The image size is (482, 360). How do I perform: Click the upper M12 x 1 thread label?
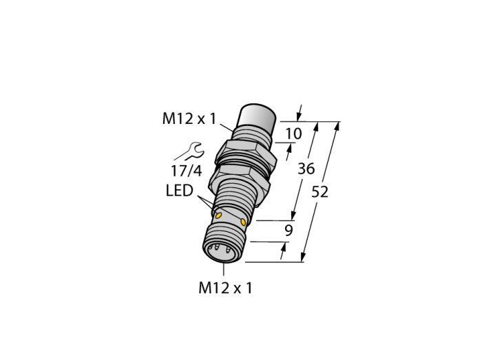[189, 118]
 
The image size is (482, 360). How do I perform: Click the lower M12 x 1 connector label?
[225, 288]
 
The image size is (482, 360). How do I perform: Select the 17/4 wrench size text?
[187, 171]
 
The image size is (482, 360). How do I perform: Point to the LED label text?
[180, 191]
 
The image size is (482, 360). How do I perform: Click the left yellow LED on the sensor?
[218, 215]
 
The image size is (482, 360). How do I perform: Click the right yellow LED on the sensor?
[244, 222]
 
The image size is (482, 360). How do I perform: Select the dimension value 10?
[293, 134]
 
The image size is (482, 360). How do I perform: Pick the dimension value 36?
[306, 169]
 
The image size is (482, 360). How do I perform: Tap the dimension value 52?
[319, 192]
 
